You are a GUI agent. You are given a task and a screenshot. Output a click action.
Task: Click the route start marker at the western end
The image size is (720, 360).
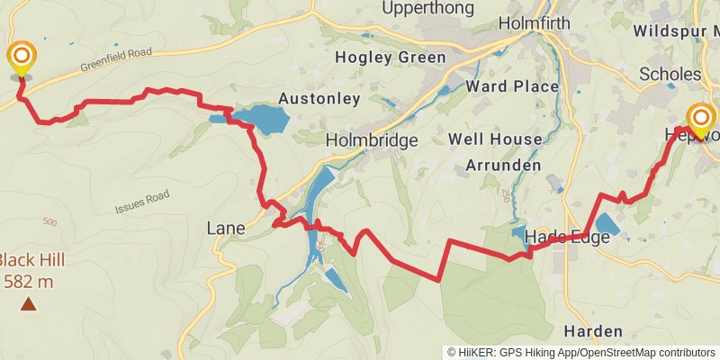pos(22,59)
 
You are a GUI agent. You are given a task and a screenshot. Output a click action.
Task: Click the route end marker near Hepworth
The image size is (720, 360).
pos(700,121)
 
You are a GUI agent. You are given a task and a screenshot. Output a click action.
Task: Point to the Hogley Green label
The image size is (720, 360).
pos(390,58)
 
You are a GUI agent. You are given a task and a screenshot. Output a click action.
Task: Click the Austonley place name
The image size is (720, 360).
pos(319,98)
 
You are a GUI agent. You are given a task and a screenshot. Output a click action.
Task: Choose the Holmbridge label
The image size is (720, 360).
pos(372,140)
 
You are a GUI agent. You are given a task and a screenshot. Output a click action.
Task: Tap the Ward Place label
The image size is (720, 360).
pos(512,86)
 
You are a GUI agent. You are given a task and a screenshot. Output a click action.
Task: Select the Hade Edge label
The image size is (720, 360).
pos(567,237)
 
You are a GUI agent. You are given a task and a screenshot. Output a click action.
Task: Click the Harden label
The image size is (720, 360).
pos(593,330)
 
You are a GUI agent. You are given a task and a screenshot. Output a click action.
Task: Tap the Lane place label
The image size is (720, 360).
pos(225,229)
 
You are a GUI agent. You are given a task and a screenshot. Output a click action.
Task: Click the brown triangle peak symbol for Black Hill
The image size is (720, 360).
pos(29,304)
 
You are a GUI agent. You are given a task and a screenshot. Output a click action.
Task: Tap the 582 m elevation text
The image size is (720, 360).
pos(29,282)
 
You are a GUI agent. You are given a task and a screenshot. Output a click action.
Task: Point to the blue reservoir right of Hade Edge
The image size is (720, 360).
pos(608,225)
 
